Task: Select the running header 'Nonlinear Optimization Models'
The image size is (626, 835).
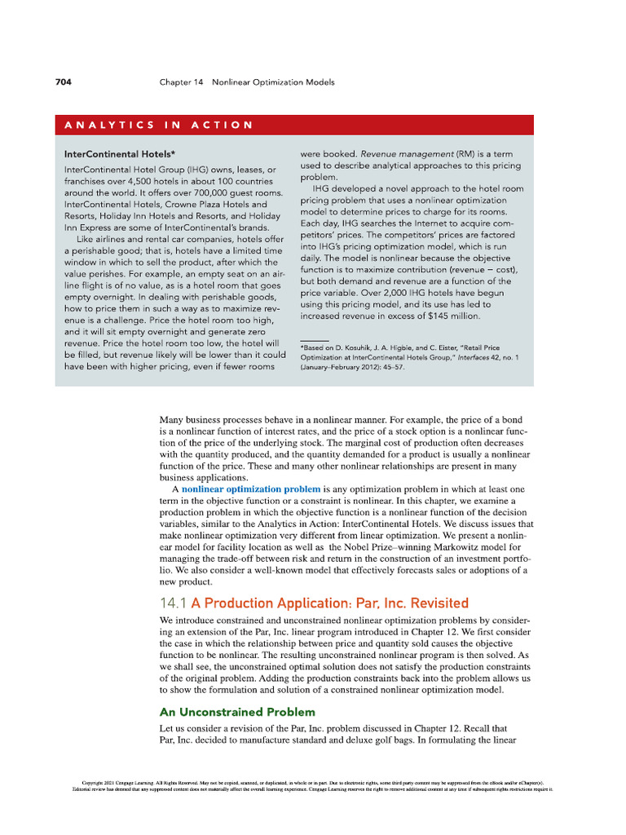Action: (x=273, y=82)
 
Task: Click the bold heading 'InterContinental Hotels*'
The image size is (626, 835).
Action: (x=120, y=152)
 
